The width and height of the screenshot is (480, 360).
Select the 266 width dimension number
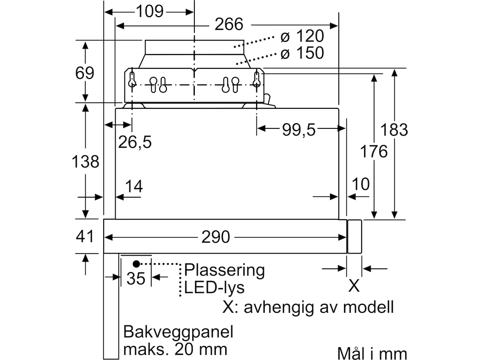[x=229, y=24]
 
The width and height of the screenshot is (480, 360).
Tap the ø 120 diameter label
[x=302, y=36]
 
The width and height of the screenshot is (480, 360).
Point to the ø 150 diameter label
[x=302, y=53]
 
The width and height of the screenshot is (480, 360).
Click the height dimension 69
[x=85, y=73]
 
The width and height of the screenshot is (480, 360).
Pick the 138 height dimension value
[x=85, y=162]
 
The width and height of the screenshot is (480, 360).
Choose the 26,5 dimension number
[x=135, y=142]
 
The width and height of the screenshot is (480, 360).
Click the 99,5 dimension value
[x=299, y=130]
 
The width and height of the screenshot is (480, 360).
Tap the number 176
[x=374, y=151]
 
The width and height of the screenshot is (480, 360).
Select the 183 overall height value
[x=394, y=130]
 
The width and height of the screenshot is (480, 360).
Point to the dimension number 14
[x=134, y=186]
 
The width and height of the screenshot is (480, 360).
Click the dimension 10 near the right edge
[x=361, y=184]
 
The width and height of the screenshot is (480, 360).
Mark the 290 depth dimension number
[x=216, y=237]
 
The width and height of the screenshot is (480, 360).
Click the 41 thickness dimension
[x=85, y=236]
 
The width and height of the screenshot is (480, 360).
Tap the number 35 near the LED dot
[x=136, y=278]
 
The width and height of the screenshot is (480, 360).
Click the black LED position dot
[x=136, y=264]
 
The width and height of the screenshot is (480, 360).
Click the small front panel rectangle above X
[x=354, y=237]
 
